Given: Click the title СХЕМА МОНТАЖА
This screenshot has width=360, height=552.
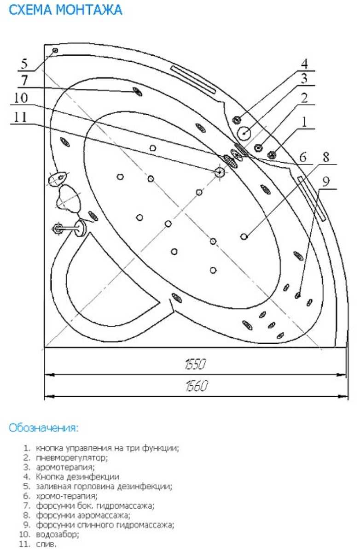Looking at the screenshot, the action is click(x=65, y=10).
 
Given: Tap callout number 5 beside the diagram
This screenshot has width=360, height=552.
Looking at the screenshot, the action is click(x=24, y=64).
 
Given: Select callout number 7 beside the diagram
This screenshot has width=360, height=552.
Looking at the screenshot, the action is click(x=24, y=80).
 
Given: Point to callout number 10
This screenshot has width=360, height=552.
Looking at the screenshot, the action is click(x=20, y=98).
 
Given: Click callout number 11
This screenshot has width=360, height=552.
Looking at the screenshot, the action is click(x=20, y=117).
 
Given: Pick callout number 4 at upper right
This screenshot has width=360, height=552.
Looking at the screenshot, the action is click(x=304, y=64).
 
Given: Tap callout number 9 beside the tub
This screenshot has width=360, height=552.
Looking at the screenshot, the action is click(x=326, y=182).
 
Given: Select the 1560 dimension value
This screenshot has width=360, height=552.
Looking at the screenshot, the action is click(x=197, y=386).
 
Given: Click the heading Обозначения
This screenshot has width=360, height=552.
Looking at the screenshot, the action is click(x=43, y=428).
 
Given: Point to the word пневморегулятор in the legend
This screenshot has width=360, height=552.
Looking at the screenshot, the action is click(x=71, y=458).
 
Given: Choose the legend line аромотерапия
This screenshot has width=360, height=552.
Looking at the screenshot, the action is click(x=65, y=468).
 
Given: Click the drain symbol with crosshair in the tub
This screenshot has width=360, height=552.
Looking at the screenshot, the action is click(x=220, y=172).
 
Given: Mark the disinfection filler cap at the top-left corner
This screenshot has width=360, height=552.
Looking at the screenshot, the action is click(x=55, y=50).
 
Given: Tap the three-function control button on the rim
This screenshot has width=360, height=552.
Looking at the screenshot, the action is click(x=272, y=154).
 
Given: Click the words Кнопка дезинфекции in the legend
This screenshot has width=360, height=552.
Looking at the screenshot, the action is click(x=77, y=477).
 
